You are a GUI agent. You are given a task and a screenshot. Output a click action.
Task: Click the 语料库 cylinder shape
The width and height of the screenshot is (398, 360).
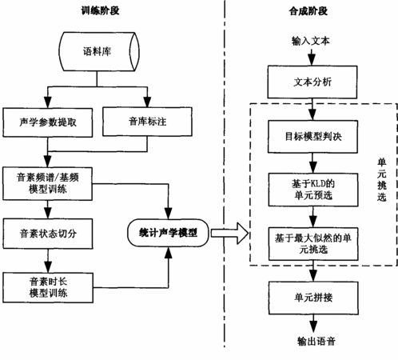click(99, 51)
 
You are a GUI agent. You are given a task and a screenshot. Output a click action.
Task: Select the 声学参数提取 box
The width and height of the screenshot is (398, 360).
click(48, 122)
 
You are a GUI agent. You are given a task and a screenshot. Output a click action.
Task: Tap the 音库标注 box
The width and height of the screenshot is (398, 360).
click(147, 122)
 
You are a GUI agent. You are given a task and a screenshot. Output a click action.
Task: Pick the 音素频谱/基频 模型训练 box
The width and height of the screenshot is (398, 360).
click(47, 184)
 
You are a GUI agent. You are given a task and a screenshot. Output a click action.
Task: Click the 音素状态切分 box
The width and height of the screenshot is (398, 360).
click(48, 234)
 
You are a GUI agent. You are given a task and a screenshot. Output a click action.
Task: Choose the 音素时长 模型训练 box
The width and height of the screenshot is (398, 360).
click(48, 287)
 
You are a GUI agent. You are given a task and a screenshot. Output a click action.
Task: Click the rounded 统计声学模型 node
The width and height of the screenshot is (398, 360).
click(168, 233)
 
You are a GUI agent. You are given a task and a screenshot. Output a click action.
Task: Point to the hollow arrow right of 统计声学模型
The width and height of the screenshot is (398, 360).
click(229, 234)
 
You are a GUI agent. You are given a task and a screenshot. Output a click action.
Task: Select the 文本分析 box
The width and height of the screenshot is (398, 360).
click(312, 82)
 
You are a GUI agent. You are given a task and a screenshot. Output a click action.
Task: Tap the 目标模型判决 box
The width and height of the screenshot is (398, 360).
click(312, 137)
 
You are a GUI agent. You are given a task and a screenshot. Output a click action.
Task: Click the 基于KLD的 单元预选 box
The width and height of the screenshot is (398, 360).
click(313, 190)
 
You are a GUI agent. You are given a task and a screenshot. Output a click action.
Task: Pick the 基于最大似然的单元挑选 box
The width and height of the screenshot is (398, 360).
click(313, 244)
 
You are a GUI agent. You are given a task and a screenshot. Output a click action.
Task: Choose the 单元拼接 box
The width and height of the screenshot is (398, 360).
click(313, 298)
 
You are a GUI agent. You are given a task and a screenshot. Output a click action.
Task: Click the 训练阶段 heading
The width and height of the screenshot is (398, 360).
click(100, 10)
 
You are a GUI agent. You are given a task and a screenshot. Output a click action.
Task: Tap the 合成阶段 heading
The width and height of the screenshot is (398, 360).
click(308, 11)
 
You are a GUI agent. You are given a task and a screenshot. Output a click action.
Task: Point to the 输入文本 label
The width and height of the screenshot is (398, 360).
click(311, 41)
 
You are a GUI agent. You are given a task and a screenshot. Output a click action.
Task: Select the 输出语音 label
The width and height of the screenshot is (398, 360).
click(316, 341)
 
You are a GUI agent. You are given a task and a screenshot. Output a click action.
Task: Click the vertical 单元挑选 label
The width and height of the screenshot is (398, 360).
click(381, 180)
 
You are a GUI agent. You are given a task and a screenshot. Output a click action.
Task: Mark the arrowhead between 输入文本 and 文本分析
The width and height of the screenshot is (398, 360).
click(312, 60)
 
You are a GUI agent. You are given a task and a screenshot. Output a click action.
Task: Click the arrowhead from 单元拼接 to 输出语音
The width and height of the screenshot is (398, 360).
click(313, 326)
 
